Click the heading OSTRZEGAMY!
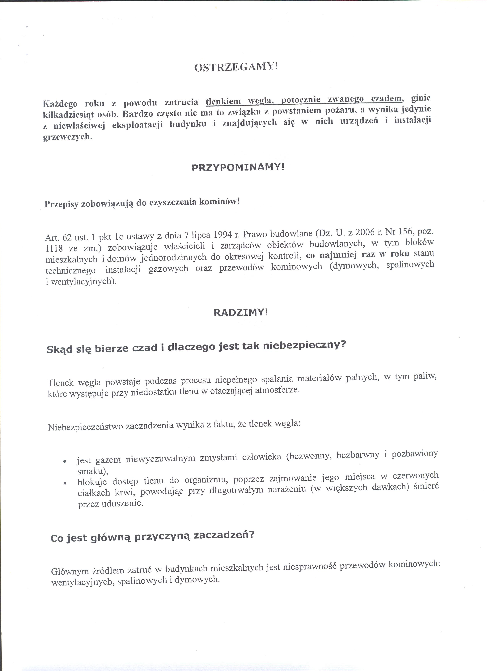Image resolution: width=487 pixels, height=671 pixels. coord(236,67)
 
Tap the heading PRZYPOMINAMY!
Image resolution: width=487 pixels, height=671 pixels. coord(238,167)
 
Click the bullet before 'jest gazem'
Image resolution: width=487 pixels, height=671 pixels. coord(64,462)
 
